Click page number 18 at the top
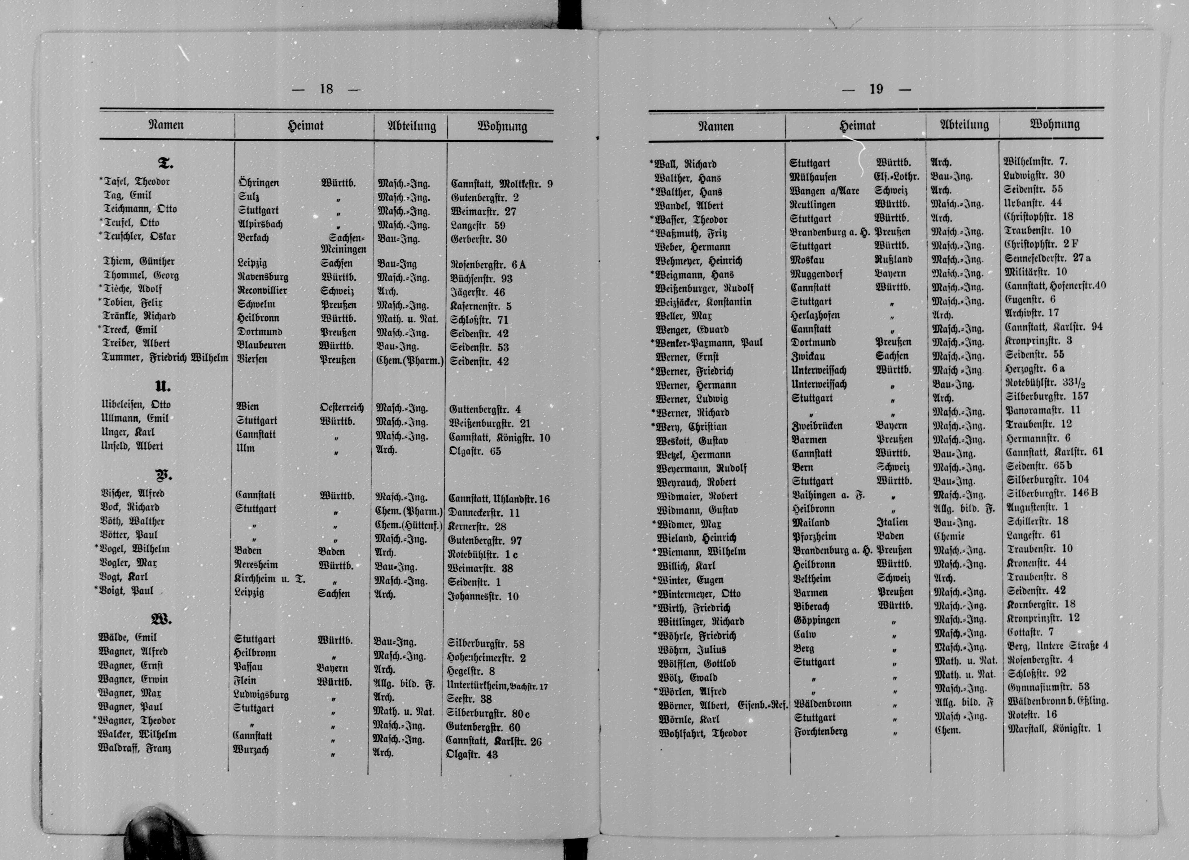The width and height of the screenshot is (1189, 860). pyautogui.click(x=326, y=89)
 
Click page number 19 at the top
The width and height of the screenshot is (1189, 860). pyautogui.click(x=876, y=89)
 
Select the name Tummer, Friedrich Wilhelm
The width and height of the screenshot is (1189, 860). pyautogui.click(x=165, y=359)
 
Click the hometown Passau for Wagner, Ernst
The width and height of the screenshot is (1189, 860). pyautogui.click(x=248, y=667)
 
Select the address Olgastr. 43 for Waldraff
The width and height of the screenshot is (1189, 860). pyautogui.click(x=471, y=755)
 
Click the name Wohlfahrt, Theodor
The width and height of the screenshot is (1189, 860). pyautogui.click(x=702, y=733)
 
